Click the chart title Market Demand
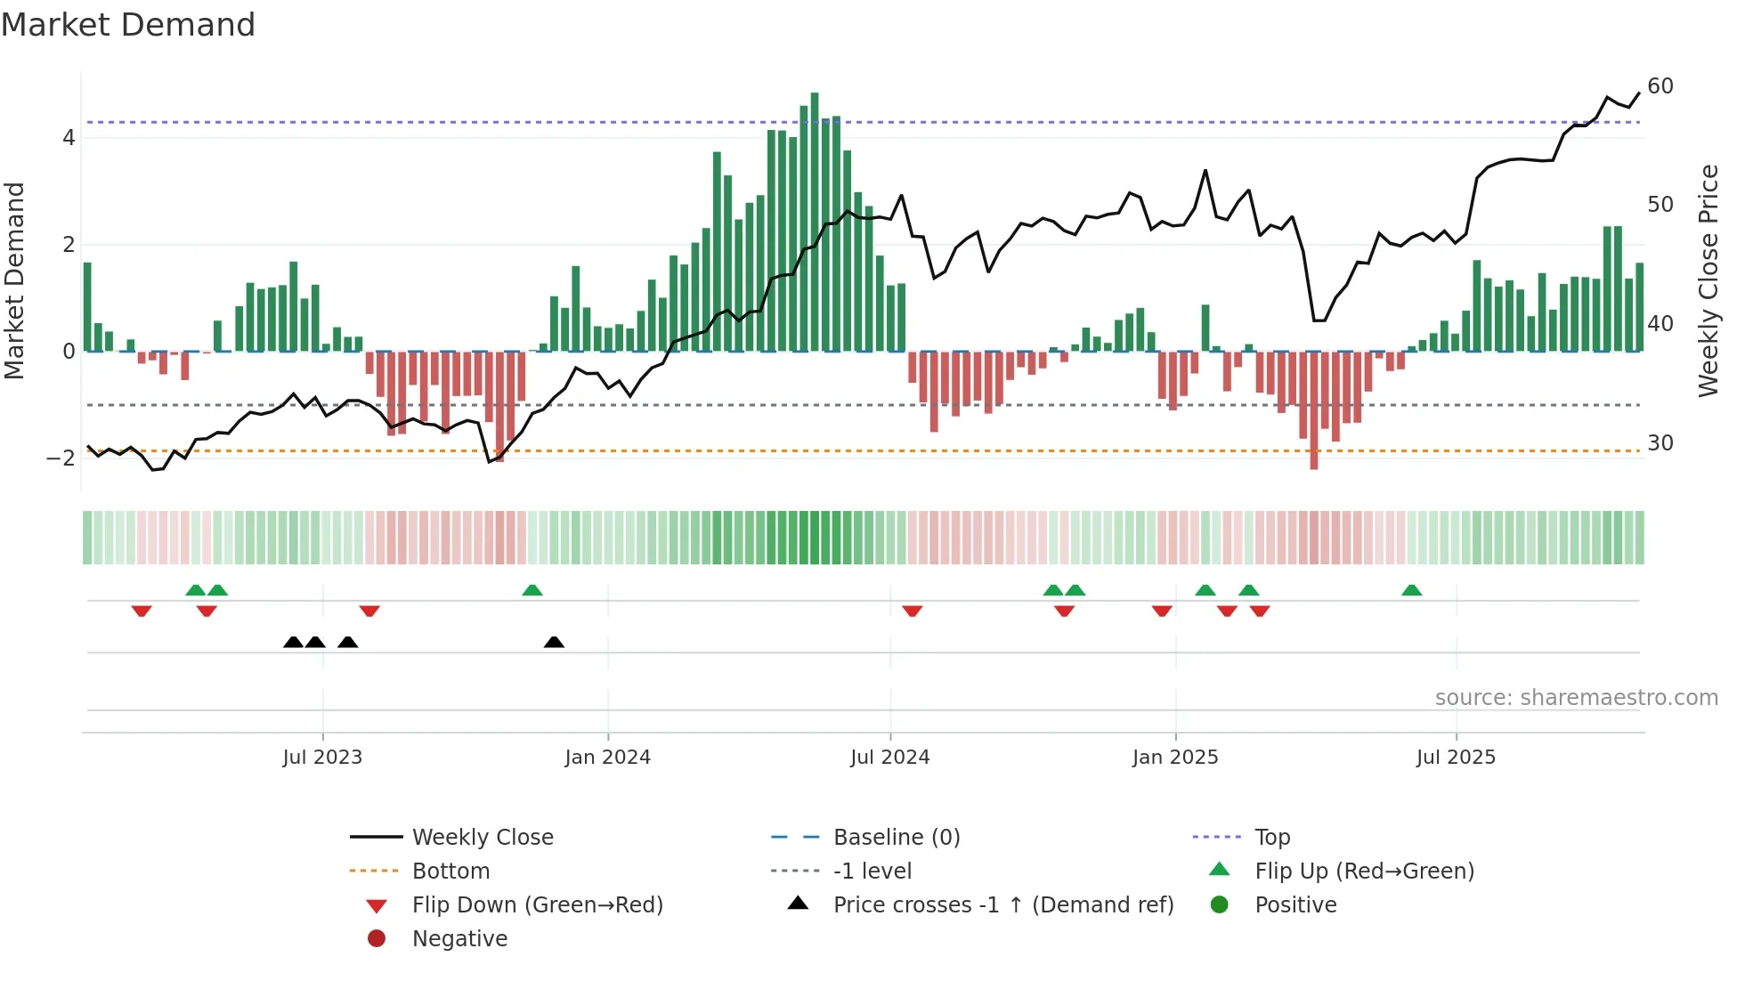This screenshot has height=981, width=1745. tap(128, 25)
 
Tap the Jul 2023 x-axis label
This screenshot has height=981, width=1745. tap(322, 758)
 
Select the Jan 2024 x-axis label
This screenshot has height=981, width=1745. tap(607, 758)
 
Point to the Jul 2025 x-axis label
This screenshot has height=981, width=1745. tap(1456, 758)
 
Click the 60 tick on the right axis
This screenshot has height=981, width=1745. tap(1660, 86)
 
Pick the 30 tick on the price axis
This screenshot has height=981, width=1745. tap(1660, 443)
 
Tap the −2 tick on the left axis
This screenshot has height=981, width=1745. tap(61, 458)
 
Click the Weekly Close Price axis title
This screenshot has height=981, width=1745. tap(1708, 280)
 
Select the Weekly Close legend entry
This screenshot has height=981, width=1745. tap(482, 838)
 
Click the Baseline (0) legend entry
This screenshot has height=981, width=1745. tap(896, 838)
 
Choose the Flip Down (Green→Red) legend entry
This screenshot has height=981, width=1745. tap(537, 905)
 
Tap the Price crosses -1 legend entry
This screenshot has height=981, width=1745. tap(1002, 905)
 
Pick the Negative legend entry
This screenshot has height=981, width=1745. tap(459, 939)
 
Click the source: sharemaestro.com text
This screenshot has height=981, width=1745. tap(1576, 698)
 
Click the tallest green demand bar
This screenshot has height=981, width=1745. tap(815, 223)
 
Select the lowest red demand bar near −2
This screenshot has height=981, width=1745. tap(1314, 409)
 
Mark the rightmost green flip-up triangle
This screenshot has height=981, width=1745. tap(1411, 590)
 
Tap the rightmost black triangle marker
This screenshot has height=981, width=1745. tap(554, 642)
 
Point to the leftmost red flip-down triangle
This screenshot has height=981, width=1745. tap(142, 611)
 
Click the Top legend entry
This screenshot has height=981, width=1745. tap(1271, 838)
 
